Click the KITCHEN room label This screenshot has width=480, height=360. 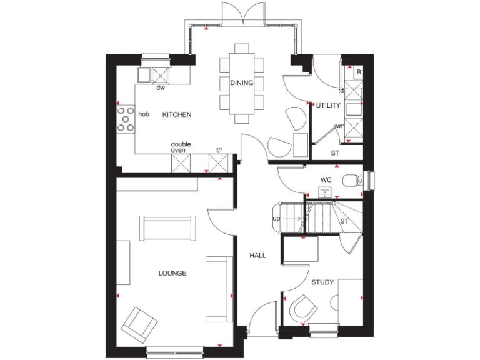(x=177, y=115)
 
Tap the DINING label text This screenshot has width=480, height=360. (x=242, y=83)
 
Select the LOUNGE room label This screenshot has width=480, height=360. (x=172, y=274)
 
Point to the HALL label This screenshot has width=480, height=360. (x=257, y=256)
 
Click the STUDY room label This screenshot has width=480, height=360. (x=322, y=282)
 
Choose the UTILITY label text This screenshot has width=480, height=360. (x=329, y=105)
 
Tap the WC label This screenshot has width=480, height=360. (x=326, y=180)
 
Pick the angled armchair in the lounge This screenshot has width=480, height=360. (x=140, y=324)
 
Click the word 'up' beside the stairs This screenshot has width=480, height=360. (x=276, y=219)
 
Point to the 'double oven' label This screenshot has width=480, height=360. (x=181, y=147)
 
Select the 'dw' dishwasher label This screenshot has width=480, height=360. (x=161, y=88)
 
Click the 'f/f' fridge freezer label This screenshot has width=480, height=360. (x=219, y=150)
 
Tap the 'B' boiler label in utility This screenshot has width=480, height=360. (x=358, y=72)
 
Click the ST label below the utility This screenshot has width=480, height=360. (x=335, y=152)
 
